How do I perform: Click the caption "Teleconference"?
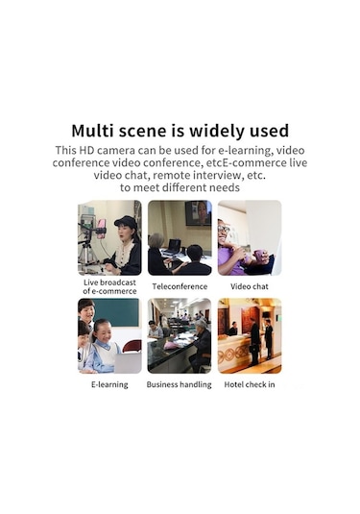pos(180,286)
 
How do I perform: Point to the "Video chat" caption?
pos(249,286)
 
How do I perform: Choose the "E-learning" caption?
pos(109,384)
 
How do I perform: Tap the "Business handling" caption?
pos(180,384)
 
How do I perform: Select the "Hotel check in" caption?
pos(249,384)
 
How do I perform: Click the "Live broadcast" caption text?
pos(109,282)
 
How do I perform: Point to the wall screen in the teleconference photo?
pos(197,212)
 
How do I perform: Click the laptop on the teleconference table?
pos(174,245)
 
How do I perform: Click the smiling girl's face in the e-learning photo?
pos(105,339)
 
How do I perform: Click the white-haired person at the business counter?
pos(202,332)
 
